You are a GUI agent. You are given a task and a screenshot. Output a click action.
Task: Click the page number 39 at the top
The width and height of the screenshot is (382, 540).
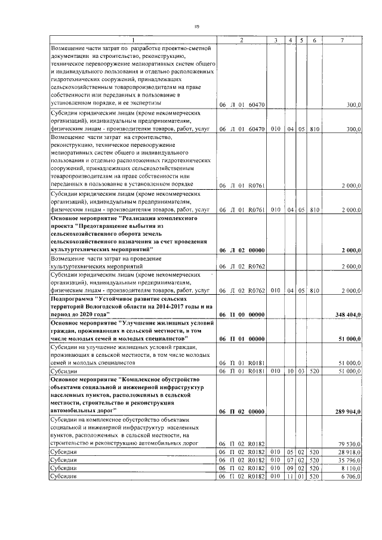coord(196,27)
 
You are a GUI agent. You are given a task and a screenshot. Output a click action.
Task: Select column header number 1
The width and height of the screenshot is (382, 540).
coord(133,40)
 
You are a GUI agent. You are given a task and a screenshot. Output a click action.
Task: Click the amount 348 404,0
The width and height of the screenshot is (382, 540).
coord(348,314)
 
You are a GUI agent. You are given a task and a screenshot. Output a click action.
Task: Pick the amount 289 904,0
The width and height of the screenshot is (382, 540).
coord(348,411)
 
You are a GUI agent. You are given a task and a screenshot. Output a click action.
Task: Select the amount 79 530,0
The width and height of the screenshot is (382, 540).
coord(350,443)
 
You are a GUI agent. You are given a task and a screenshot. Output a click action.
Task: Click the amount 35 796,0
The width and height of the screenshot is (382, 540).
coord(350,461)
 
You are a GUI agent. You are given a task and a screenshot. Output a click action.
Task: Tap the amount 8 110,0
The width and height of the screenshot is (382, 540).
coord(351,469)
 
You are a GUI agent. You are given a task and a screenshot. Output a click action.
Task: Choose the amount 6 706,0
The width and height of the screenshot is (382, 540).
coord(351,477)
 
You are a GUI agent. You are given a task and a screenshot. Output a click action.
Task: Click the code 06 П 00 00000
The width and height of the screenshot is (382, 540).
coord(241,314)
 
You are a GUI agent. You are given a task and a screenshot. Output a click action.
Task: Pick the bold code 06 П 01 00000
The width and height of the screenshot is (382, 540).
coord(241,339)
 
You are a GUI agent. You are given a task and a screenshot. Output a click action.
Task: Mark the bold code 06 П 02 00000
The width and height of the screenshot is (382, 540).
coord(241,411)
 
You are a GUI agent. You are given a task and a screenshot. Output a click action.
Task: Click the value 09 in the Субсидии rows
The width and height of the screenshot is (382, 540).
coord(290,469)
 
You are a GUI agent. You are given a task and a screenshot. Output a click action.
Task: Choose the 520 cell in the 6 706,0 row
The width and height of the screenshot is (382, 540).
coord(316,477)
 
